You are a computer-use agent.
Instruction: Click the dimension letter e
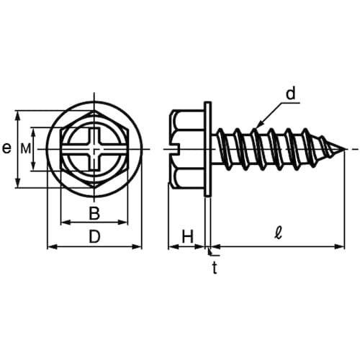(6, 148)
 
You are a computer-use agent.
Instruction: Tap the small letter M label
(26, 149)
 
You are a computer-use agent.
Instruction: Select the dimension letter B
(94, 213)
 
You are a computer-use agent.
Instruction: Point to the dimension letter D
(94, 237)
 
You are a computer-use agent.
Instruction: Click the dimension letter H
(187, 237)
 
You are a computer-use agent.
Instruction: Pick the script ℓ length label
(279, 233)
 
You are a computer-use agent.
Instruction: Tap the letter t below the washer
(215, 268)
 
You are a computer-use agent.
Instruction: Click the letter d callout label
(291, 94)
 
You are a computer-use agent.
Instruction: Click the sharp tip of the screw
(345, 149)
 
